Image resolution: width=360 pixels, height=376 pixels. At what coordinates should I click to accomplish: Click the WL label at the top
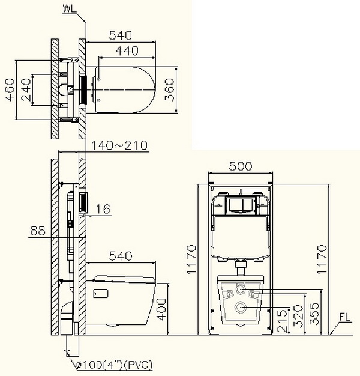coord(70,8)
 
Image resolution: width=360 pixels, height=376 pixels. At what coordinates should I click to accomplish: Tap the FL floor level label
coord(344,317)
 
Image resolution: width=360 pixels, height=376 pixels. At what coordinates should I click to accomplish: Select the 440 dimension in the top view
coord(127,51)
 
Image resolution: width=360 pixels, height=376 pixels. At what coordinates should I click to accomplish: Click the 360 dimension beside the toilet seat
coord(169,89)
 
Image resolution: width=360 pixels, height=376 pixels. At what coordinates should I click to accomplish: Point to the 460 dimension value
coord(10,89)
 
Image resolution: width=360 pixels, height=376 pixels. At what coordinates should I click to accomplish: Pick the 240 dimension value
coord(26,89)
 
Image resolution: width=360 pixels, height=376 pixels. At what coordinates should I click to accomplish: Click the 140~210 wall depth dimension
coord(119,145)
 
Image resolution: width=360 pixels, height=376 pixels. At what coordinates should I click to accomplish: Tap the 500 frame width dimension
coord(241,166)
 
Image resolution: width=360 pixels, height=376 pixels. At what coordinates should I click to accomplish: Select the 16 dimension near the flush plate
coord(103,209)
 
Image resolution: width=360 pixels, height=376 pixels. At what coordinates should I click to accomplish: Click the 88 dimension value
coord(38,231)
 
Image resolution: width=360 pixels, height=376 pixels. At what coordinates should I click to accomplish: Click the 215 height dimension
coord(283,321)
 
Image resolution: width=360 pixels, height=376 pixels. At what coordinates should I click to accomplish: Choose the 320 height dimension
coord(299,317)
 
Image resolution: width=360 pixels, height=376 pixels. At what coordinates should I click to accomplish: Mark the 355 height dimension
coord(314,314)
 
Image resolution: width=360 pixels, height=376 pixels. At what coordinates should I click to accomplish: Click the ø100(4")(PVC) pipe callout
coord(114,365)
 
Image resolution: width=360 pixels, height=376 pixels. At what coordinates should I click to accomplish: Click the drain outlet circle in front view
coord(241,307)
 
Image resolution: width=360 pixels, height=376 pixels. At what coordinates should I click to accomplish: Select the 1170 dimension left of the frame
coord(191,259)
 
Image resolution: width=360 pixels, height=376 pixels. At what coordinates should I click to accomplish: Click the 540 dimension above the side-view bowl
coord(121,256)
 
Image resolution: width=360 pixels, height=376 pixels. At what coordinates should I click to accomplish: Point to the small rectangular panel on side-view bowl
coord(101,294)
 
